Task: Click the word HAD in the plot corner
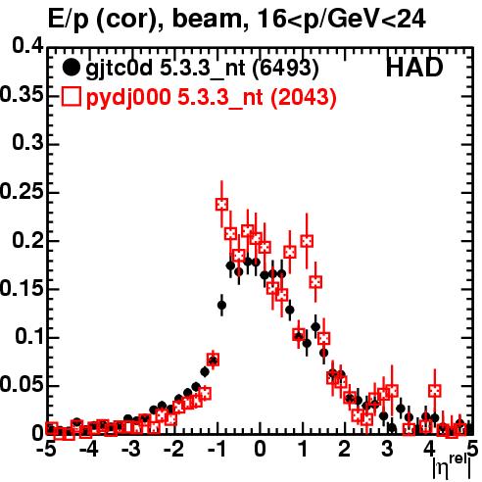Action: pyautogui.click(x=414, y=68)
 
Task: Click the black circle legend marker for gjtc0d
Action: pyautogui.click(x=71, y=68)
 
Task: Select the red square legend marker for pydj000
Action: pyautogui.click(x=72, y=97)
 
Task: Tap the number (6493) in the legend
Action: pyautogui.click(x=286, y=68)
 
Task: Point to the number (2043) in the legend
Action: pyautogui.click(x=304, y=97)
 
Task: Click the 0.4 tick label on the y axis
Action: pyautogui.click(x=27, y=46)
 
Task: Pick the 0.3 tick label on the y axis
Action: pyautogui.click(x=27, y=142)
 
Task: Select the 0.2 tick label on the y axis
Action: pyautogui.click(x=27, y=239)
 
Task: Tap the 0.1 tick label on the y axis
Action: pyautogui.click(x=29, y=336)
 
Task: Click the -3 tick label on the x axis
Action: pyautogui.click(x=131, y=449)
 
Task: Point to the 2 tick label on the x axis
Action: pyautogui.click(x=344, y=449)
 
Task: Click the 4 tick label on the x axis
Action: pyautogui.click(x=429, y=449)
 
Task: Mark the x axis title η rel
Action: pyautogui.click(x=452, y=466)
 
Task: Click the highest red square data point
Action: pyautogui.click(x=221, y=205)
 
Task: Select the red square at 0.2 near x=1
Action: pyautogui.click(x=307, y=241)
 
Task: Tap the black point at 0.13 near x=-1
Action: pyautogui.click(x=221, y=306)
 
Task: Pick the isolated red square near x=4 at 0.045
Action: pyautogui.click(x=435, y=391)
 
